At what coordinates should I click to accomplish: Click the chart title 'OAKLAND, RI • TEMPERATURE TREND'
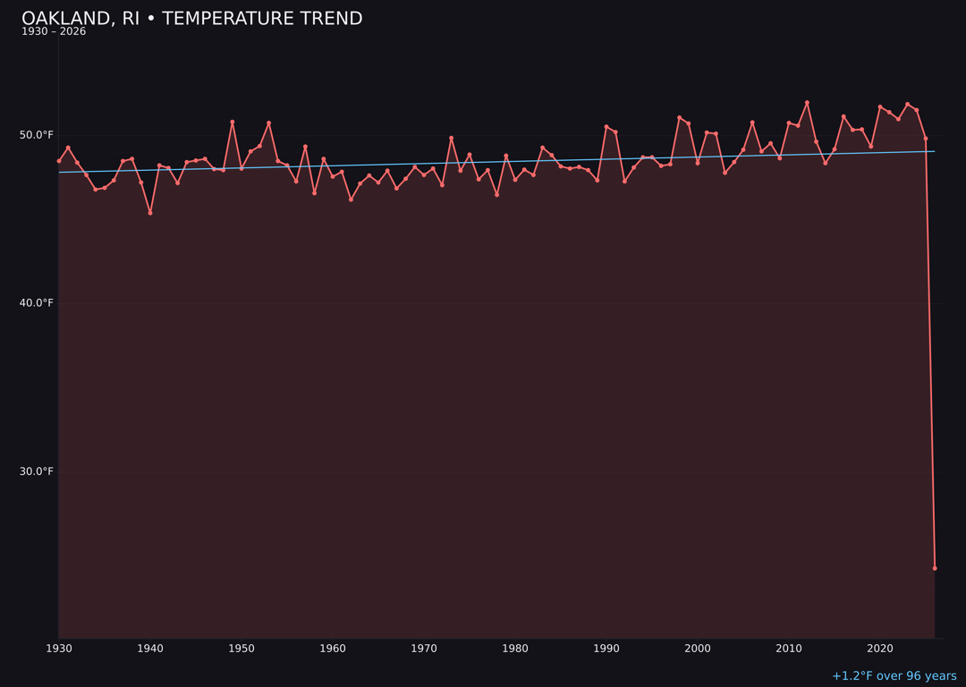pos(191,19)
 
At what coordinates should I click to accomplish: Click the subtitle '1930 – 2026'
pos(54,32)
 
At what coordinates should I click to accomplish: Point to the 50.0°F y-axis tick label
pos(38,135)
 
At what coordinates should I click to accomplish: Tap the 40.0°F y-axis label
pos(38,303)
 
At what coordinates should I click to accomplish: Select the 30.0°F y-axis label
pos(38,471)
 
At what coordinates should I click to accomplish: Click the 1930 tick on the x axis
pos(59,649)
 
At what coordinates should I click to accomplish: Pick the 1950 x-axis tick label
pos(241,649)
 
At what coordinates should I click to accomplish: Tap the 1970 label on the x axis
pos(424,649)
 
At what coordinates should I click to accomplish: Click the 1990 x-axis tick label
pos(606,649)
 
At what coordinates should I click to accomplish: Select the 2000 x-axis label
pos(698,649)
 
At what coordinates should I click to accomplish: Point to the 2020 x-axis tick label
pos(880,649)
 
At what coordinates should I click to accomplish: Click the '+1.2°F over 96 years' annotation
pos(894,676)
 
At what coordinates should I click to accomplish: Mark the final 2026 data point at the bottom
pos(935,568)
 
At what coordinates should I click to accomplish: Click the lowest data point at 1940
pos(150,213)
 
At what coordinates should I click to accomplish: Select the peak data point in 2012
pos(807,103)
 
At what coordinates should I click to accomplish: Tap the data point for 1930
pos(59,161)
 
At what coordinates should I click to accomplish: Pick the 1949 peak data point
pos(233,122)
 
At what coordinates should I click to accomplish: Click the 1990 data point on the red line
pos(606,127)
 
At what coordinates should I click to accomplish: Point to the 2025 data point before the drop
pos(926,139)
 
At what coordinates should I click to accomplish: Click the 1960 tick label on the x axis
pos(333,649)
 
